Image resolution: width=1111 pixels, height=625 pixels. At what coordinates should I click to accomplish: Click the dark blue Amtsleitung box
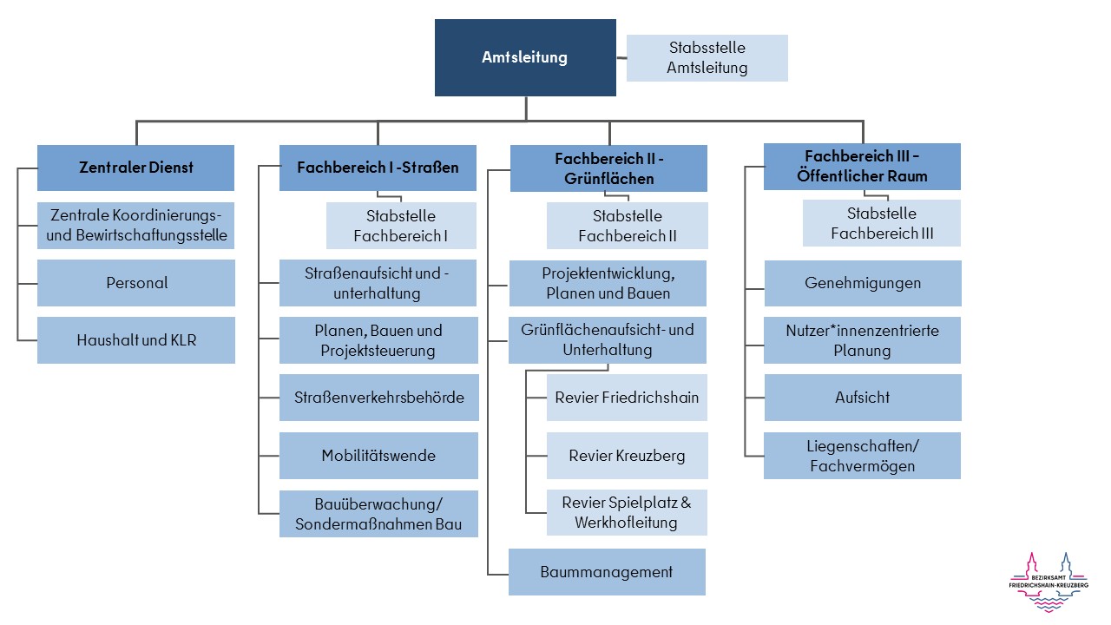pos(525,57)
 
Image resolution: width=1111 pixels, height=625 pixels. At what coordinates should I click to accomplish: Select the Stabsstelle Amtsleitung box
pos(707,58)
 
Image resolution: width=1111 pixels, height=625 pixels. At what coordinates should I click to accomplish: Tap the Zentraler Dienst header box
pos(135,168)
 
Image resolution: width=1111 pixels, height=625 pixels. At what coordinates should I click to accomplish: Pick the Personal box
pos(136,283)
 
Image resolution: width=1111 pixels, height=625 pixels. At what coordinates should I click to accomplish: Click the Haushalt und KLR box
pos(136,340)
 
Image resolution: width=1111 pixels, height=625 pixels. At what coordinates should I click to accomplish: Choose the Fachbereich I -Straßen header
pos(378,168)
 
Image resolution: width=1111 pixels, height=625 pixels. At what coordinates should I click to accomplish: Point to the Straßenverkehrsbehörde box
pos(378,398)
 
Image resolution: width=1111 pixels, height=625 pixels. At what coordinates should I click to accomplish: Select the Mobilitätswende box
pos(378,456)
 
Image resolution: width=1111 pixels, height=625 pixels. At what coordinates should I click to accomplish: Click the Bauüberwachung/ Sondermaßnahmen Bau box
pos(378,514)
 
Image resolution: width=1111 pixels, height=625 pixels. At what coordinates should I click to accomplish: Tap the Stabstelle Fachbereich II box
pos(627,226)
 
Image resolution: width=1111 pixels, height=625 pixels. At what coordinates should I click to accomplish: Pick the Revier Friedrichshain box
pos(627,398)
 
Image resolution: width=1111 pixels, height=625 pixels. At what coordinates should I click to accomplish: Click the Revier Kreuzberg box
pos(627,456)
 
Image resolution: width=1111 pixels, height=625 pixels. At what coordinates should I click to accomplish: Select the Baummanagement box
pos(607,572)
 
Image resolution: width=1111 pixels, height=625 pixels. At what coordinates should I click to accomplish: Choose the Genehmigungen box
pos(863,283)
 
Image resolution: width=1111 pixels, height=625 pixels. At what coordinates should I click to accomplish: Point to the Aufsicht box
pos(863,398)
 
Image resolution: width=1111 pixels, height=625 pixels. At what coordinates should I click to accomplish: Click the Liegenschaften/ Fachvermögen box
pos(863,456)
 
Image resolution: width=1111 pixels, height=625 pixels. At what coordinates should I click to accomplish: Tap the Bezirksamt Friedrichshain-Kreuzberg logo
pos(1049,582)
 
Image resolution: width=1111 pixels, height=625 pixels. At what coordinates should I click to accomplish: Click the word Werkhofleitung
pos(626,523)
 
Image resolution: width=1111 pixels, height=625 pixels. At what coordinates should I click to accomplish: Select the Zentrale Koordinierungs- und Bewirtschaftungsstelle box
pos(136,225)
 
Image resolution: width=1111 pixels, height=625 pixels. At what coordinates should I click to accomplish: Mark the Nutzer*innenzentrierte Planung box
pos(863,340)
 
